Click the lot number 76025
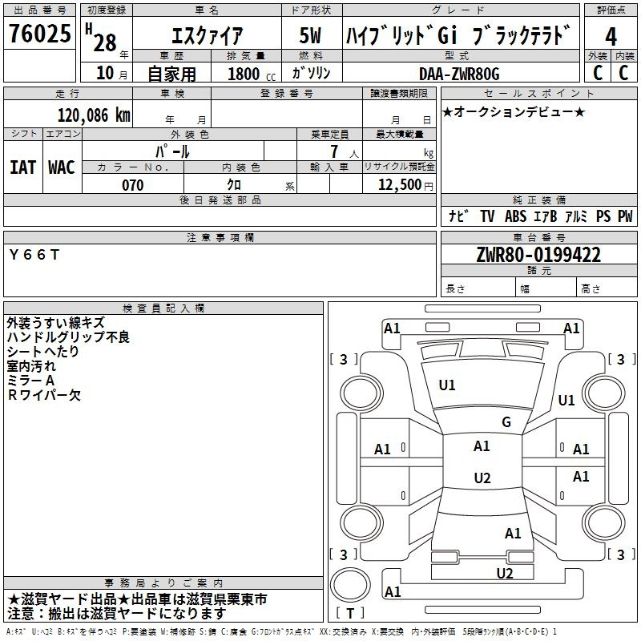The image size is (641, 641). [39, 33]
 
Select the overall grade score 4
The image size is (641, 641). [611, 37]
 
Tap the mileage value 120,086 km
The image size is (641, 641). [94, 115]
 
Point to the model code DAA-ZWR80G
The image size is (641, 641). [459, 74]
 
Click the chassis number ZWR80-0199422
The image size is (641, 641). [538, 255]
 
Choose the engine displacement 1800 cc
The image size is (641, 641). [251, 74]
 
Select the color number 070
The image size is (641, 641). [133, 185]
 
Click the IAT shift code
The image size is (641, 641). [22, 167]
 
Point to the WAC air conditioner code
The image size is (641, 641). [62, 167]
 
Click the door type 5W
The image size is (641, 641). [310, 35]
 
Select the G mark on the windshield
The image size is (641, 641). [506, 421]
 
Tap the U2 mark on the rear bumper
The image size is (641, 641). [505, 573]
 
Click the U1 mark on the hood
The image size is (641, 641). [447, 385]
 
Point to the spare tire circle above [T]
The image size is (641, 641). [350, 586]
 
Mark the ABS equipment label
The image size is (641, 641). [515, 216]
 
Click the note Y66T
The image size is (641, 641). [34, 255]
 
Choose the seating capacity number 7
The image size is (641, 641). [335, 151]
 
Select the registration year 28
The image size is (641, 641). [105, 42]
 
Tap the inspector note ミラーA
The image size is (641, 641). [31, 381]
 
